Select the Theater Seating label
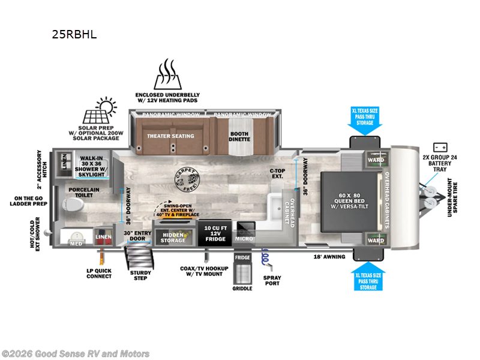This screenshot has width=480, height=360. (171, 136)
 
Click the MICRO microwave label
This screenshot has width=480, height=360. (245, 239)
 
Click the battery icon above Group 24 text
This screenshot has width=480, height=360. (440, 147)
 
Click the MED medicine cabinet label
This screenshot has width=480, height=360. (76, 244)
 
